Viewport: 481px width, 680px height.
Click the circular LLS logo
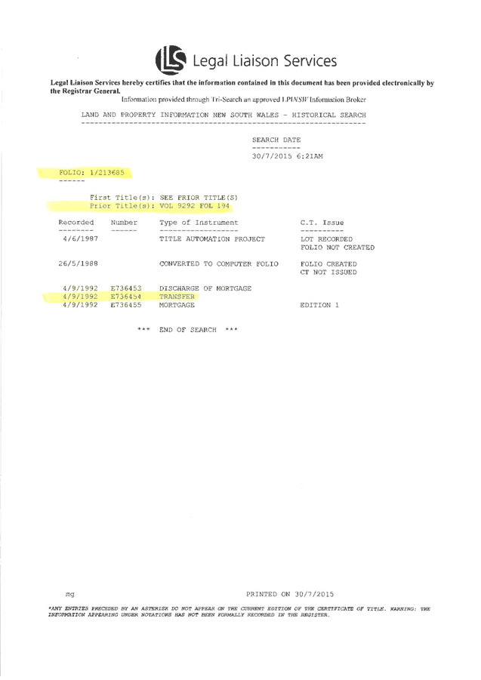pyautogui.click(x=170, y=60)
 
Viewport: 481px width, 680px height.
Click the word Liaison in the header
pyautogui.click(x=254, y=60)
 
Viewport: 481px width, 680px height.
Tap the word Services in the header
pyautogui.click(x=309, y=60)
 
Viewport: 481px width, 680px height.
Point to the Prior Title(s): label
pyautogui.click(x=122, y=205)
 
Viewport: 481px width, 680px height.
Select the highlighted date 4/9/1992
pyautogui.click(x=80, y=297)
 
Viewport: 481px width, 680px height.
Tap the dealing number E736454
pyautogui.click(x=125, y=297)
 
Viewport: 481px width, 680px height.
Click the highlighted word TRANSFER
pyautogui.click(x=177, y=297)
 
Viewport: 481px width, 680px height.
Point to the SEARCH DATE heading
pyautogui.click(x=276, y=140)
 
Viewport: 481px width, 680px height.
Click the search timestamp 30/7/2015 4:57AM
pyautogui.click(x=287, y=155)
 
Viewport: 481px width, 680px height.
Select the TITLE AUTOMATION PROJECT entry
pyautogui.click(x=211, y=238)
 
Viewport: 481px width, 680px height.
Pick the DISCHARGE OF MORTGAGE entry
pyautogui.click(x=205, y=288)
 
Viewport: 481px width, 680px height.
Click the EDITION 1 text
pyautogui.click(x=319, y=305)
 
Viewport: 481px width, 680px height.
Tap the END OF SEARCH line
pyautogui.click(x=188, y=330)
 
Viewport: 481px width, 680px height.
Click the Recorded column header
pyautogui.click(x=76, y=223)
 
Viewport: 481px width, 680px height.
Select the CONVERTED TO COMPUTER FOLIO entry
pyautogui.click(x=217, y=264)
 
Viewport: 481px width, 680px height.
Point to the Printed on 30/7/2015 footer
pyautogui.click(x=290, y=594)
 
